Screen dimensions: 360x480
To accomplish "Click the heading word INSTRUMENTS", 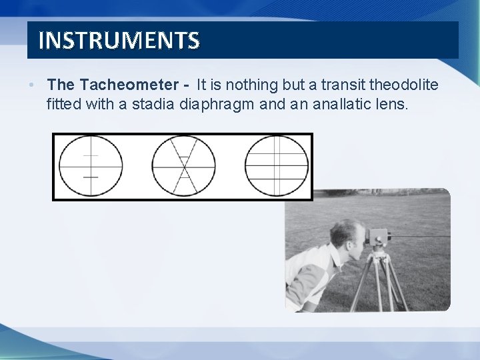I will click(x=119, y=41).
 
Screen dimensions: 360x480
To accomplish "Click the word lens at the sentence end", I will click(x=391, y=104).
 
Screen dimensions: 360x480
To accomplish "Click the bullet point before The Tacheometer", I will click(x=31, y=85).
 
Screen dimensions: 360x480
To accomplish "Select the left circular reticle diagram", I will click(x=91, y=166).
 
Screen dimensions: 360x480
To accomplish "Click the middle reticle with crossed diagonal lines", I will click(x=183, y=166).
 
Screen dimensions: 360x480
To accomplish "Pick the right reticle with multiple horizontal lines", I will click(x=277, y=166).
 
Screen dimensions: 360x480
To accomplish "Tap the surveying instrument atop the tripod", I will click(x=378, y=237).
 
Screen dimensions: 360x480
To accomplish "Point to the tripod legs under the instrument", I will click(x=379, y=280).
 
